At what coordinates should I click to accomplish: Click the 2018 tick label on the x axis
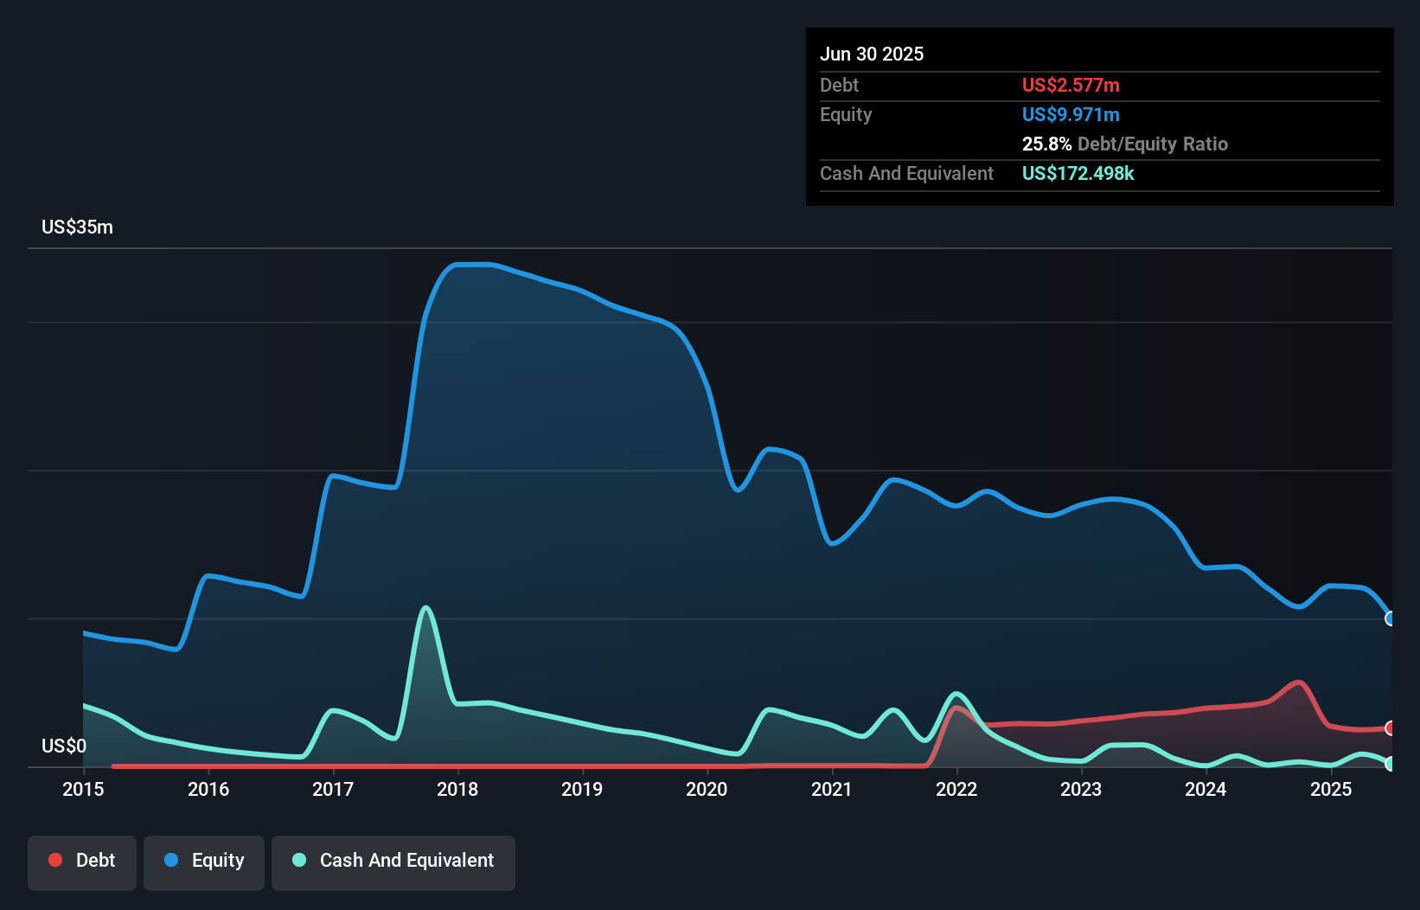tap(457, 789)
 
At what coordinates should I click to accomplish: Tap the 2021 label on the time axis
tap(831, 789)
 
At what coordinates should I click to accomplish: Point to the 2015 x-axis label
tap(83, 789)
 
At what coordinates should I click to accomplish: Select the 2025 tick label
tap(1330, 789)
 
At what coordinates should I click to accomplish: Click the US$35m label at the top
tap(77, 227)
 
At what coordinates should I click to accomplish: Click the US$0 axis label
tap(63, 746)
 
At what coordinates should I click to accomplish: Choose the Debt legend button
tap(82, 861)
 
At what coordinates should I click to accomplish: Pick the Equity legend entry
tap(204, 861)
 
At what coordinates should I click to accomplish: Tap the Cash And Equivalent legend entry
tap(393, 861)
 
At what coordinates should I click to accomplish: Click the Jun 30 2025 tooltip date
tap(872, 54)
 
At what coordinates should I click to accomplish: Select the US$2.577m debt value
tap(1071, 85)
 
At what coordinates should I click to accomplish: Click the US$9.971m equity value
tap(1071, 114)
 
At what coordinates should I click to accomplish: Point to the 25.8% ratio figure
tap(1046, 144)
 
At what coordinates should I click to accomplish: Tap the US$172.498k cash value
tap(1078, 173)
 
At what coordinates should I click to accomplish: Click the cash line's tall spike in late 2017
tap(425, 608)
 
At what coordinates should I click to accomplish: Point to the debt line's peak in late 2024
tap(1299, 682)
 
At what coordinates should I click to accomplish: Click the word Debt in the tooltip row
tap(839, 85)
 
